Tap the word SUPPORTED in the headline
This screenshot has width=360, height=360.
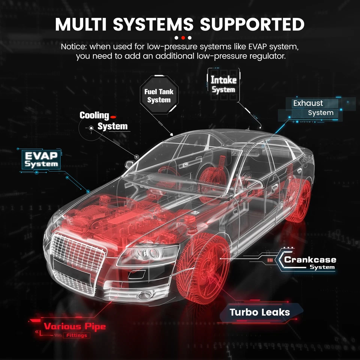coord(252,24)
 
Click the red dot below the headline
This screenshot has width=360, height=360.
coord(183,38)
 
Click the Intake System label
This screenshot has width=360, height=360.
coord(223,84)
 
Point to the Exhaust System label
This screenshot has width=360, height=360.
coord(313,108)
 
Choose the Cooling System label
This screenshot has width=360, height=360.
coord(103,121)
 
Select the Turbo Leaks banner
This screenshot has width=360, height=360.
coord(260,312)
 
